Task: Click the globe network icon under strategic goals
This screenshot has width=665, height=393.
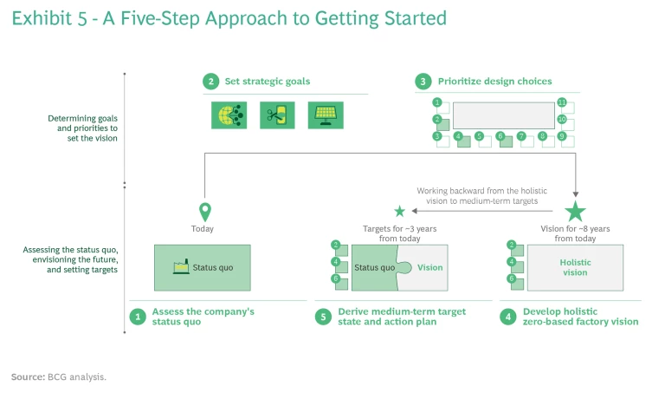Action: (229, 115)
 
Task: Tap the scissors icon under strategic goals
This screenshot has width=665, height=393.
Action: (277, 115)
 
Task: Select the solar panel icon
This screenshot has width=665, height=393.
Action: (326, 115)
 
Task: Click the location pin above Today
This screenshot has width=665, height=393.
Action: (204, 211)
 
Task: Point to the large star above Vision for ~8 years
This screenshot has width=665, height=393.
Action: (575, 211)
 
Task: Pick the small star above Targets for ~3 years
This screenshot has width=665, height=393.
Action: (399, 211)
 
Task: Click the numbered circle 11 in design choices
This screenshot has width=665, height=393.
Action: (562, 102)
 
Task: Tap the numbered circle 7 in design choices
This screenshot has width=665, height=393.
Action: (521, 136)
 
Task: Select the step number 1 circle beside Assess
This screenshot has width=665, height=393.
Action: (137, 317)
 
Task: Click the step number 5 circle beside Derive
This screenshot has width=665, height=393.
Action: (323, 317)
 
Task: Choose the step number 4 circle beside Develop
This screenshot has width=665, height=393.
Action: (508, 317)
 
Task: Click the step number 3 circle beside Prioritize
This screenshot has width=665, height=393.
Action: (423, 82)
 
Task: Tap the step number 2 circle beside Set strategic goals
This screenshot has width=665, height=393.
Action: (210, 82)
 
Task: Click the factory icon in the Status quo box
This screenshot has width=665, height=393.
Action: (182, 267)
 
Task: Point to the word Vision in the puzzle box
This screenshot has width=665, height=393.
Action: (430, 267)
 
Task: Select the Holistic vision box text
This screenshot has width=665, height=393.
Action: (574, 267)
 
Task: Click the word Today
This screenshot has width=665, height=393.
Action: (203, 229)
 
